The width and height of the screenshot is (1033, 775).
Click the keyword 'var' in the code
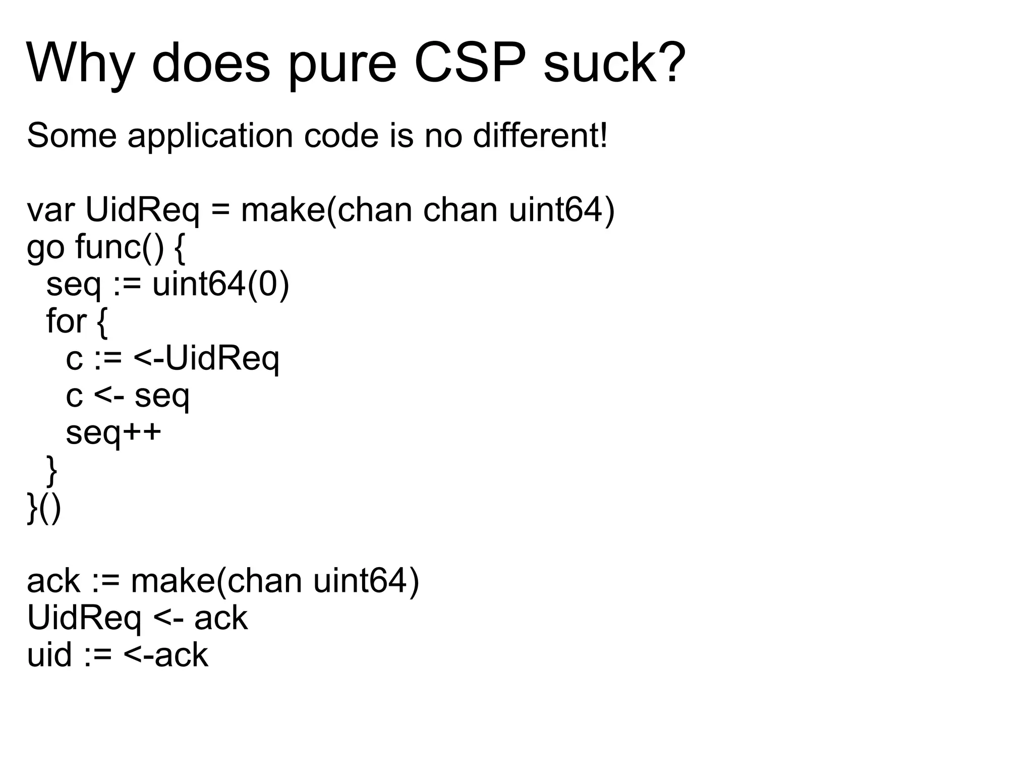[50, 211]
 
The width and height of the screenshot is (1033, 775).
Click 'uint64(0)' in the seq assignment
[221, 285]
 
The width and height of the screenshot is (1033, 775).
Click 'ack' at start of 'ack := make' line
[53, 581]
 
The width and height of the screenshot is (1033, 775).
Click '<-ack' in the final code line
[165, 656]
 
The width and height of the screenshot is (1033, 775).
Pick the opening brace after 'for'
[101, 322]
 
